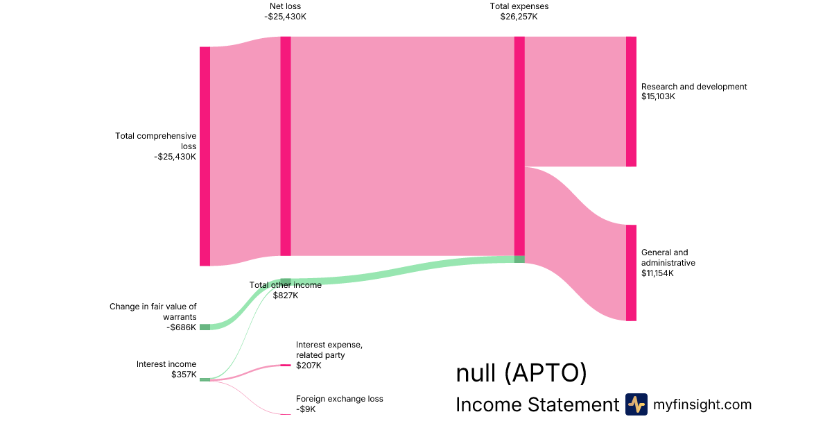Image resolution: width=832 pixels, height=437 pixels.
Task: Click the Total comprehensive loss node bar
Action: click(x=205, y=156)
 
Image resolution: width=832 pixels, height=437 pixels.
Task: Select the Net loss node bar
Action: click(x=286, y=146)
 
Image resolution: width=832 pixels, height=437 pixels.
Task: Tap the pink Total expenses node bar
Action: click(x=519, y=146)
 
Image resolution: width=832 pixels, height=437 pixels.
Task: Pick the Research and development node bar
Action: click(x=631, y=101)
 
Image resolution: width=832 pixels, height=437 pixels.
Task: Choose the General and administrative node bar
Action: click(x=631, y=273)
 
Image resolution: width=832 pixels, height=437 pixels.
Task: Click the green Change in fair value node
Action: click(x=205, y=327)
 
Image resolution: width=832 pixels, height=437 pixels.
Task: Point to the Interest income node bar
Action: click(x=205, y=379)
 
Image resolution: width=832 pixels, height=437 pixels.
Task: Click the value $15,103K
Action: click(x=658, y=97)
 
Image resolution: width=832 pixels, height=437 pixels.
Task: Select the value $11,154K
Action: click(x=658, y=273)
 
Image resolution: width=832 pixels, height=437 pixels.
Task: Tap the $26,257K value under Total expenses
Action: click(x=519, y=17)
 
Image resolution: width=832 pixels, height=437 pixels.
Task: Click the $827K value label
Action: click(x=286, y=295)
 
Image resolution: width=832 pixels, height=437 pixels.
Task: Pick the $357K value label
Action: click(x=184, y=375)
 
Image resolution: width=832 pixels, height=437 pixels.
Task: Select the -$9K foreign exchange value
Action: click(x=306, y=409)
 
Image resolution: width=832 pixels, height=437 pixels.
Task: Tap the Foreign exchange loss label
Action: click(x=339, y=399)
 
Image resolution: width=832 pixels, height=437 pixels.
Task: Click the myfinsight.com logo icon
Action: click(x=636, y=404)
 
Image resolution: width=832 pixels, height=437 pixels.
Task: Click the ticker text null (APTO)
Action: click(x=521, y=373)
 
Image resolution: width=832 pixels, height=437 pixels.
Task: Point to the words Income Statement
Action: click(x=537, y=404)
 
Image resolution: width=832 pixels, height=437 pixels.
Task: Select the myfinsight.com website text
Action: click(x=702, y=404)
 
